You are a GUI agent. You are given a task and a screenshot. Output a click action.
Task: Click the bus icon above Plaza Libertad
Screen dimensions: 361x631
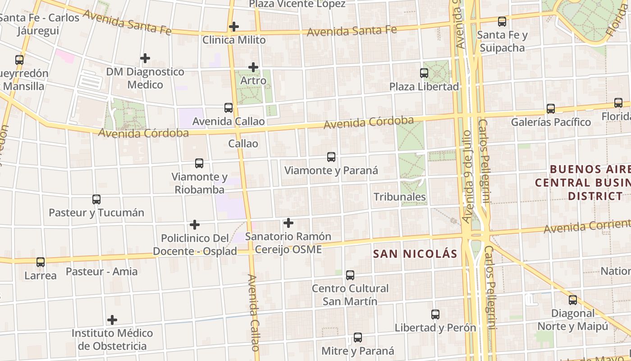tap(424, 73)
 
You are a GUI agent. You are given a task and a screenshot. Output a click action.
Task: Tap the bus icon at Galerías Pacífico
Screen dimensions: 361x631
tap(551, 109)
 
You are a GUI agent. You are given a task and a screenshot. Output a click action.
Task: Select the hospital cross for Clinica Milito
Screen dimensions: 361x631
tap(233, 27)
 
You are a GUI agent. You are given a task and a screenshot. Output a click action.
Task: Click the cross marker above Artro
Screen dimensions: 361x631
tap(253, 67)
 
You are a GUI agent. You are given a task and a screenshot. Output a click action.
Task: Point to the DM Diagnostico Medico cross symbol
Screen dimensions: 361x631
tap(145, 58)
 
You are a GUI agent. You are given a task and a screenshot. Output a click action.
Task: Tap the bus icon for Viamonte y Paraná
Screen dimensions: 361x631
tap(331, 157)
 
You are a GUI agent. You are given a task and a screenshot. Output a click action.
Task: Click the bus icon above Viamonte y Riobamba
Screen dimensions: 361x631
tap(199, 163)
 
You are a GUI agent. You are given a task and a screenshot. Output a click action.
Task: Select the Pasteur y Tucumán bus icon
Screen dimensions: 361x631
tap(96, 199)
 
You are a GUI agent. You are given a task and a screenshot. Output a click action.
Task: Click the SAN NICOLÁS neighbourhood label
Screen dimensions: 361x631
tap(415, 254)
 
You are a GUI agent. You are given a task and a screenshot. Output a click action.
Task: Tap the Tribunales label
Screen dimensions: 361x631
tap(400, 197)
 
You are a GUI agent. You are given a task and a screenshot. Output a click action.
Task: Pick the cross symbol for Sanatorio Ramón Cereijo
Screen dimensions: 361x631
tap(288, 223)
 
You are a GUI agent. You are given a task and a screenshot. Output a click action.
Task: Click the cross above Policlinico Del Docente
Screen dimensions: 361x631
tap(195, 225)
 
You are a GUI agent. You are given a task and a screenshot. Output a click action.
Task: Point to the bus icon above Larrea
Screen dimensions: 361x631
tap(41, 262)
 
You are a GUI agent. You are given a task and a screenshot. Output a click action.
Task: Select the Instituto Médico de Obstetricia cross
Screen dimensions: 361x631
tap(112, 320)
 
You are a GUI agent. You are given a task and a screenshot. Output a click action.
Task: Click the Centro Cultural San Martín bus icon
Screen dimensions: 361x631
tap(350, 275)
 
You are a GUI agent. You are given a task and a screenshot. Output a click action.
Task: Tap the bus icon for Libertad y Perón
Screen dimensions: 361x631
tap(435, 315)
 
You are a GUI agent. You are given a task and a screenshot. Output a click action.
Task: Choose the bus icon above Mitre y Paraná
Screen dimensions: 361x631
tap(358, 338)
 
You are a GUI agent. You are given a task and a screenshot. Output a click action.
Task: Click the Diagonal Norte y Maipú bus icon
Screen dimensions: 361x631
tap(573, 300)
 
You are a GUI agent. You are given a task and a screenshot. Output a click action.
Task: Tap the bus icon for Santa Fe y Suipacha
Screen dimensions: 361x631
tap(502, 22)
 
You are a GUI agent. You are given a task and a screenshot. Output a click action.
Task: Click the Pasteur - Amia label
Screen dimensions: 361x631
tap(102, 272)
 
